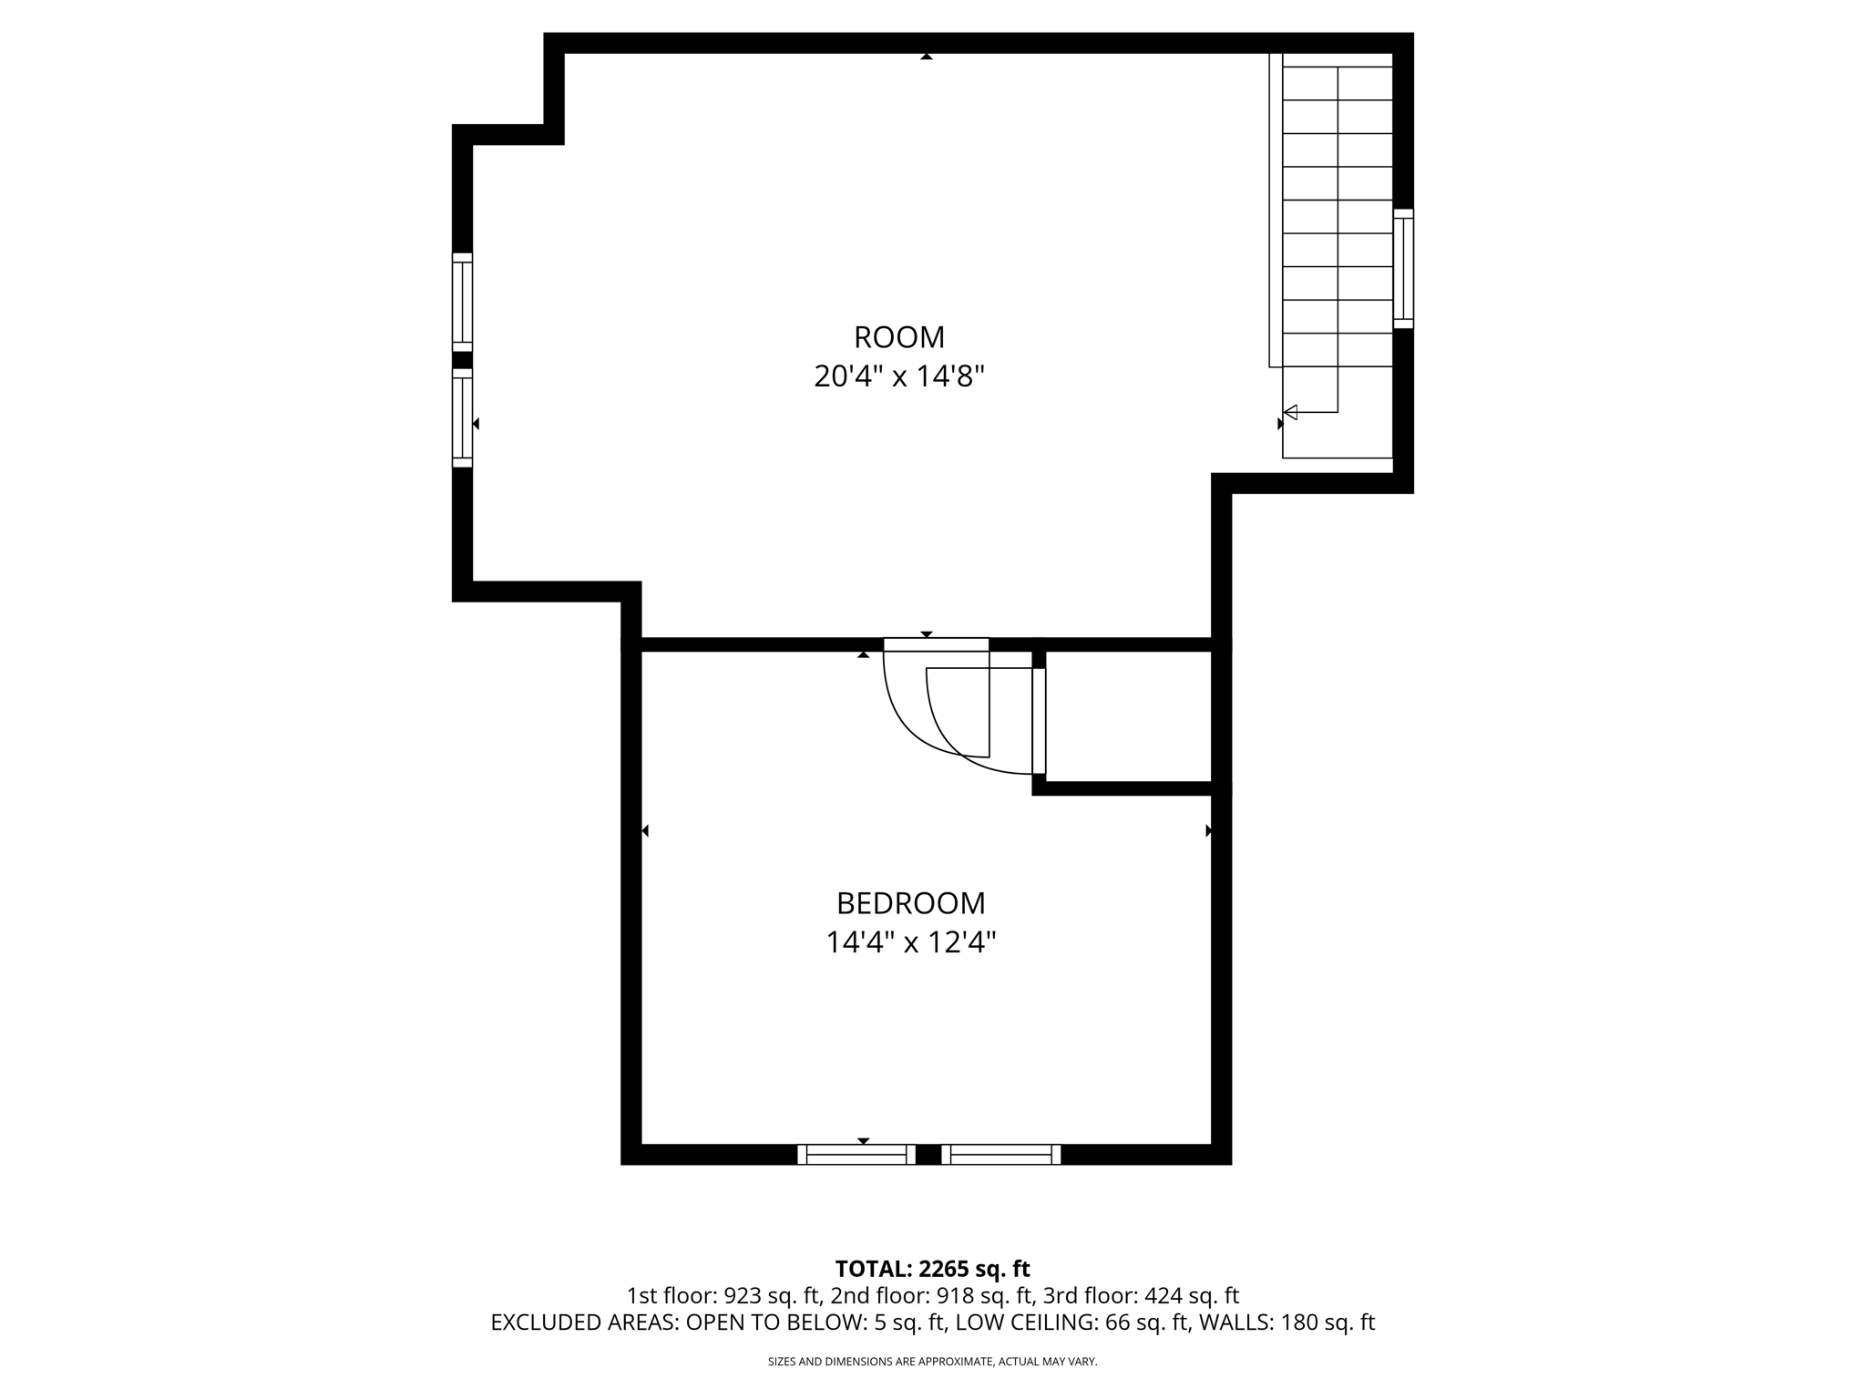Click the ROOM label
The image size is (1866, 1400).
[x=898, y=337]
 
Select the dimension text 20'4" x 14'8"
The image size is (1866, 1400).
[x=898, y=376]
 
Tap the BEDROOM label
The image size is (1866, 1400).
[x=910, y=903]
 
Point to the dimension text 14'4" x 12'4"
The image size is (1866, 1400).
[x=910, y=942]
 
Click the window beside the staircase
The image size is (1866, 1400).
[x=1403, y=268]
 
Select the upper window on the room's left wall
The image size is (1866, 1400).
[x=463, y=302]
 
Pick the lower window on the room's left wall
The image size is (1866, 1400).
[x=463, y=417]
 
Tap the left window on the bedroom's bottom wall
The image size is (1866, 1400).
[x=856, y=1155]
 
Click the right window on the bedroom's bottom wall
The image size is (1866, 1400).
[x=1000, y=1155]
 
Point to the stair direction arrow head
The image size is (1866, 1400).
[x=1290, y=412]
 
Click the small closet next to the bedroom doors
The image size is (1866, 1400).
[x=1128, y=716]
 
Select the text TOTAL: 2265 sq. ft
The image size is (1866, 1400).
[x=932, y=1269]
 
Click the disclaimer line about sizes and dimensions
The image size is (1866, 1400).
[x=932, y=1362]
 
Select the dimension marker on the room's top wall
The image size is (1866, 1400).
[x=927, y=57]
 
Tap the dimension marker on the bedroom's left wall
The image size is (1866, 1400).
[x=645, y=830]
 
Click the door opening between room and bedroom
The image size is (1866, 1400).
[x=936, y=644]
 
